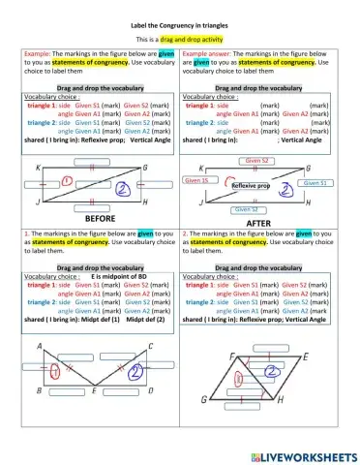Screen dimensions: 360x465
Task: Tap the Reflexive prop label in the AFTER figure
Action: point(251,184)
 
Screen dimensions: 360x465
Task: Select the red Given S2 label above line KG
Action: point(256,160)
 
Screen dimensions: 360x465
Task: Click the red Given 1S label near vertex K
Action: point(196,180)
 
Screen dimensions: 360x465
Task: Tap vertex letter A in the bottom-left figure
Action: point(39,347)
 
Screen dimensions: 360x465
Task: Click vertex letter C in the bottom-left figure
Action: point(150,346)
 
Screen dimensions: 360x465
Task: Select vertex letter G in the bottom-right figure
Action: point(203,399)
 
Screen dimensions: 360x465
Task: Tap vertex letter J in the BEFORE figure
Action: point(36,201)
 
